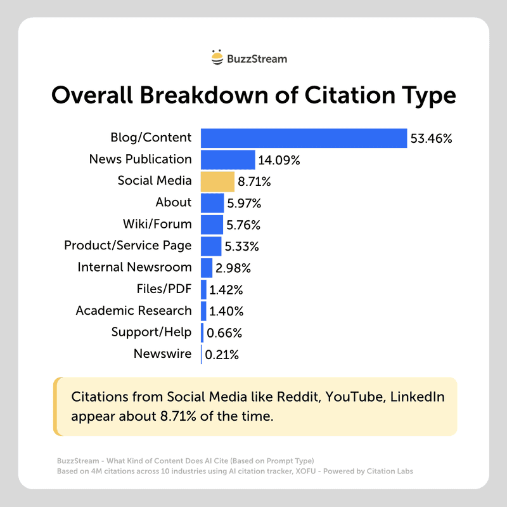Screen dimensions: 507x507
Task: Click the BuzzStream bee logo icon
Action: click(217, 58)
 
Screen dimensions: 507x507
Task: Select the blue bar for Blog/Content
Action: click(304, 138)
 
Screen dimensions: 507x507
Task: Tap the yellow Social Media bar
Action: click(217, 181)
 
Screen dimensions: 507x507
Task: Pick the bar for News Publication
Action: click(228, 159)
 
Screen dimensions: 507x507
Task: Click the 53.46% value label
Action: click(431, 138)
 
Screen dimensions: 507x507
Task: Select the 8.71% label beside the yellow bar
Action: click(254, 181)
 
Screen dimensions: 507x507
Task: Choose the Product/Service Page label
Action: click(128, 246)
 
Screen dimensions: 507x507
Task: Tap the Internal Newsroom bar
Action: click(207, 267)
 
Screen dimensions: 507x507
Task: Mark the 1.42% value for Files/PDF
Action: click(226, 290)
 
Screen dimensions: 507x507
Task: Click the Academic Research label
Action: click(134, 310)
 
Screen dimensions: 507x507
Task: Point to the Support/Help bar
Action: click(202, 333)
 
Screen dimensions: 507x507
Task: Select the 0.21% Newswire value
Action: click(221, 355)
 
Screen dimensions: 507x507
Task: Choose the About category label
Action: click(174, 202)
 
